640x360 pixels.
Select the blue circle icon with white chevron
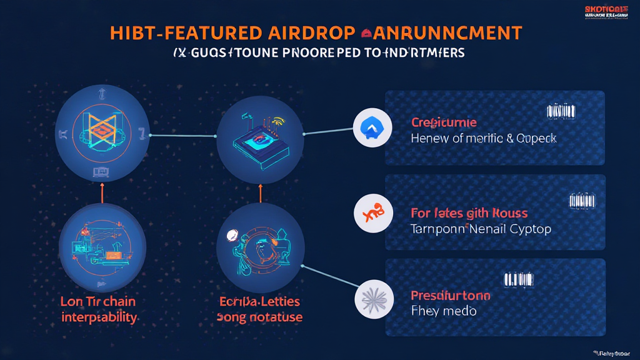(372, 129)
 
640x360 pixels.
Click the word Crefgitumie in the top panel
(444, 122)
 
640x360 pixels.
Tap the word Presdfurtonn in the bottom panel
(450, 295)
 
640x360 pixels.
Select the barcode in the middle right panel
(582, 201)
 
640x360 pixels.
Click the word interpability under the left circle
(99, 317)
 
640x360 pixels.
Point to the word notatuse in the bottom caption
(276, 317)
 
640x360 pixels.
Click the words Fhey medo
(443, 311)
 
